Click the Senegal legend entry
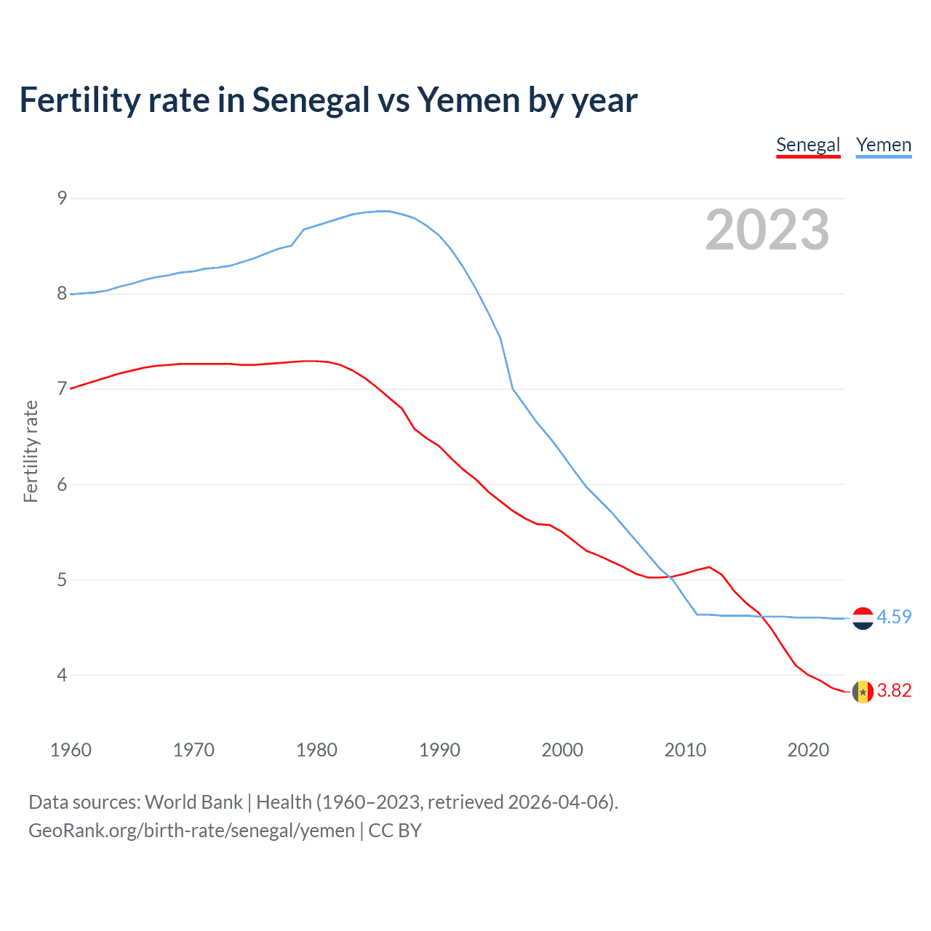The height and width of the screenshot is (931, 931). [x=808, y=145]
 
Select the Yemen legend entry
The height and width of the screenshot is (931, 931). [x=883, y=145]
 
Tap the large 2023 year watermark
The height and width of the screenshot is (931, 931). [x=767, y=230]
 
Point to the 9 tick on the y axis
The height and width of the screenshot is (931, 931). [x=62, y=198]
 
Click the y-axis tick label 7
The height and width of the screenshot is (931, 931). [x=62, y=388]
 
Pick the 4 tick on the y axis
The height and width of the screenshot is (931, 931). [x=62, y=675]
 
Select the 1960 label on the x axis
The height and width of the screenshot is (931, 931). [x=71, y=750]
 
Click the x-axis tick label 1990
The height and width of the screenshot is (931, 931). [x=439, y=750]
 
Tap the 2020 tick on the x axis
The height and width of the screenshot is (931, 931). [x=808, y=750]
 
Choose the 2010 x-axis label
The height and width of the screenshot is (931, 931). [x=685, y=750]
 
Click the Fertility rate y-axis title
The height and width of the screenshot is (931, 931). [x=31, y=451]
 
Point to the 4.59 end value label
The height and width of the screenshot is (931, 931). [x=894, y=617]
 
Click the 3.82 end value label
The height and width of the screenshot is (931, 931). [x=894, y=690]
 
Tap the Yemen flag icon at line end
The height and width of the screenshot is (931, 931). [x=863, y=618]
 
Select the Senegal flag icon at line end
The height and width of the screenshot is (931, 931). [x=863, y=692]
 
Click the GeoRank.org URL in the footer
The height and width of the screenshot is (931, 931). [x=191, y=831]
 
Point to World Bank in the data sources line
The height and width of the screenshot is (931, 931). [x=193, y=802]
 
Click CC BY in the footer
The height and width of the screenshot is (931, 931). [x=395, y=831]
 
